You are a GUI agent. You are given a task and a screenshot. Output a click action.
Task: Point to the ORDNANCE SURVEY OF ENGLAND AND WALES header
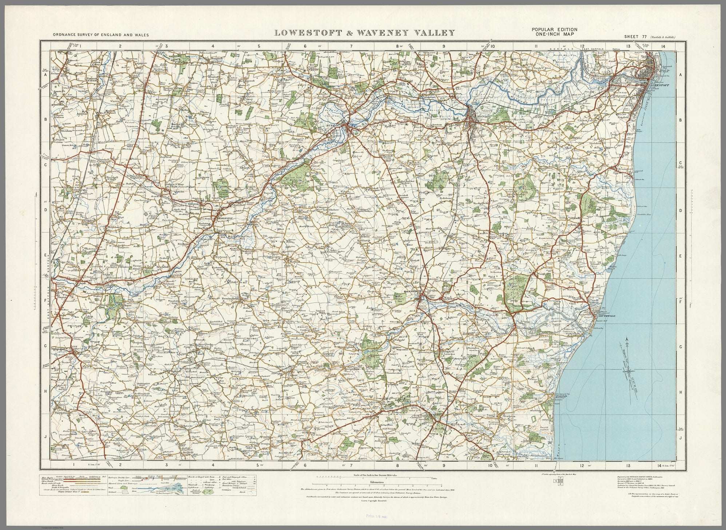pos(101,35)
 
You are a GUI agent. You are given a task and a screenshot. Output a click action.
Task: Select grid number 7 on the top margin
pos(352,46)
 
